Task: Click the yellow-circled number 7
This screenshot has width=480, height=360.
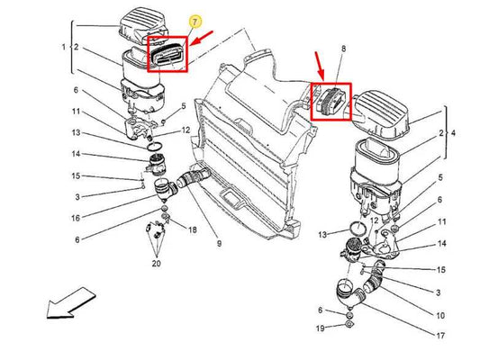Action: click(195, 22)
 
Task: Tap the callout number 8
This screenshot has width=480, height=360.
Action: click(343, 49)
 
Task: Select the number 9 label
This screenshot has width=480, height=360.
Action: click(219, 244)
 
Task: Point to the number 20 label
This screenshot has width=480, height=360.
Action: click(156, 263)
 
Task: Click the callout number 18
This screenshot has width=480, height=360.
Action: click(192, 229)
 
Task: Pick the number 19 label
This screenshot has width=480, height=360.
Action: click(321, 328)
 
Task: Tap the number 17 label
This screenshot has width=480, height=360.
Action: click(440, 336)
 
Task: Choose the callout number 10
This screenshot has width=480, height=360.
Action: click(440, 315)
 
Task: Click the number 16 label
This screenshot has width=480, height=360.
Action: click(76, 218)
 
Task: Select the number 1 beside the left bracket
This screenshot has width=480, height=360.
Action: click(63, 47)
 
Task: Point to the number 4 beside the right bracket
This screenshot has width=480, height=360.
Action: click(453, 133)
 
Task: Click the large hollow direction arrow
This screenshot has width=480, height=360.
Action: click(71, 302)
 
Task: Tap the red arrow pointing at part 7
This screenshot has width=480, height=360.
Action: click(201, 38)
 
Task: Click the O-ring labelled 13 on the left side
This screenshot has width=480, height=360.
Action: click(155, 147)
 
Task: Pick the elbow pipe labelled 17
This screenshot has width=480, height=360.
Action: click(350, 293)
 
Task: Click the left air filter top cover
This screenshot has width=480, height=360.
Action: click(143, 27)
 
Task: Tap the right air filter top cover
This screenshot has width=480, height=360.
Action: click(382, 114)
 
